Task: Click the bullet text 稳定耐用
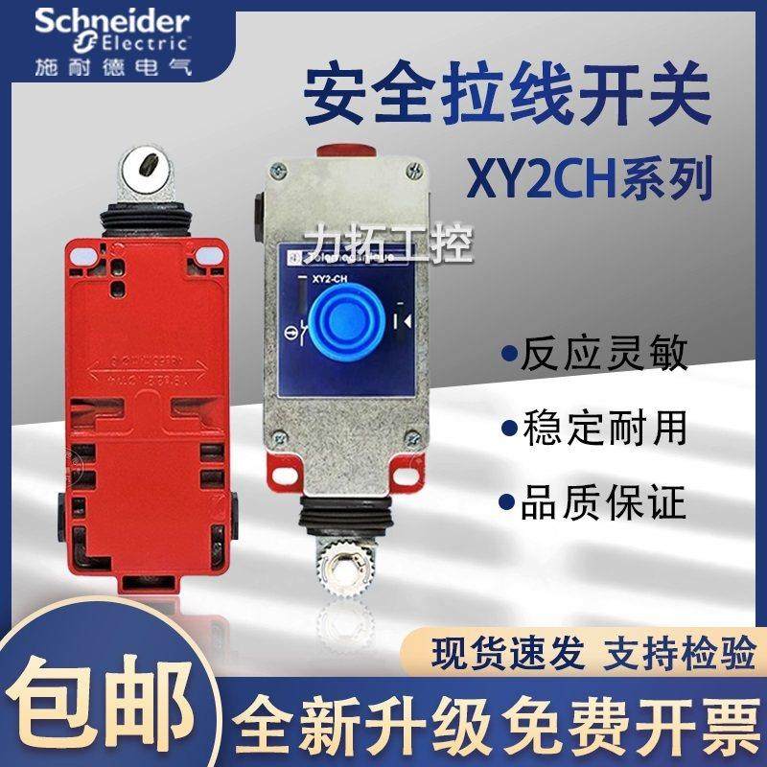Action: (603, 429)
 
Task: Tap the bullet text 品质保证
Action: (603, 502)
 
